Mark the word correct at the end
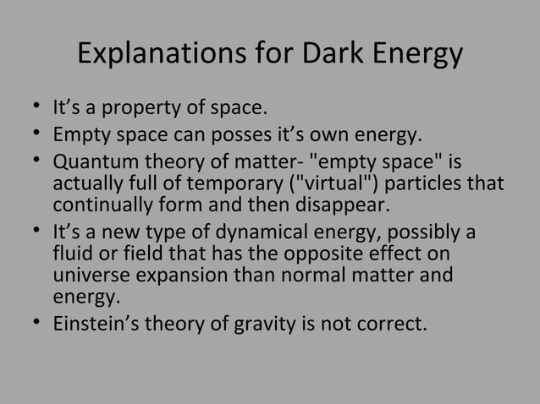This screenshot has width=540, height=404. pos(390,322)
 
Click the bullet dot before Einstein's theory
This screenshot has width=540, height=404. pos(30,322)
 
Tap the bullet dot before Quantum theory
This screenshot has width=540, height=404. pos(30,161)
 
